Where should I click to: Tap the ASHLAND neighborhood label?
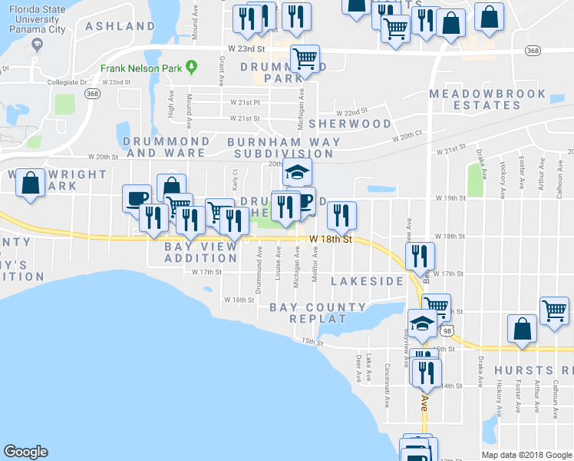point(120,26)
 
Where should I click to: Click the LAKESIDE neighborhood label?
point(367,282)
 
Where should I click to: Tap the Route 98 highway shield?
point(447,330)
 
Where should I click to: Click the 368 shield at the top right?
point(532,50)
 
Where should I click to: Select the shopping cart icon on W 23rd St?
point(305,58)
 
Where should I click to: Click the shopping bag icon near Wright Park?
point(30,184)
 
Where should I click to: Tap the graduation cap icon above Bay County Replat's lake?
point(421,323)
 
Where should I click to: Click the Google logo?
point(25,452)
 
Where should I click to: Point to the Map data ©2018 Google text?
point(527,455)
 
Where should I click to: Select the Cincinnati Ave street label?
point(388,375)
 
